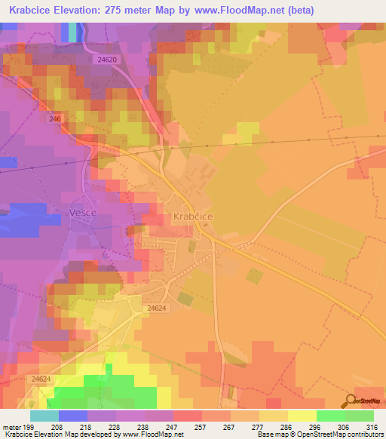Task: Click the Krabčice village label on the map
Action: [x=194, y=216]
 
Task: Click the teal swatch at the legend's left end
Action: [x=44, y=416]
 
